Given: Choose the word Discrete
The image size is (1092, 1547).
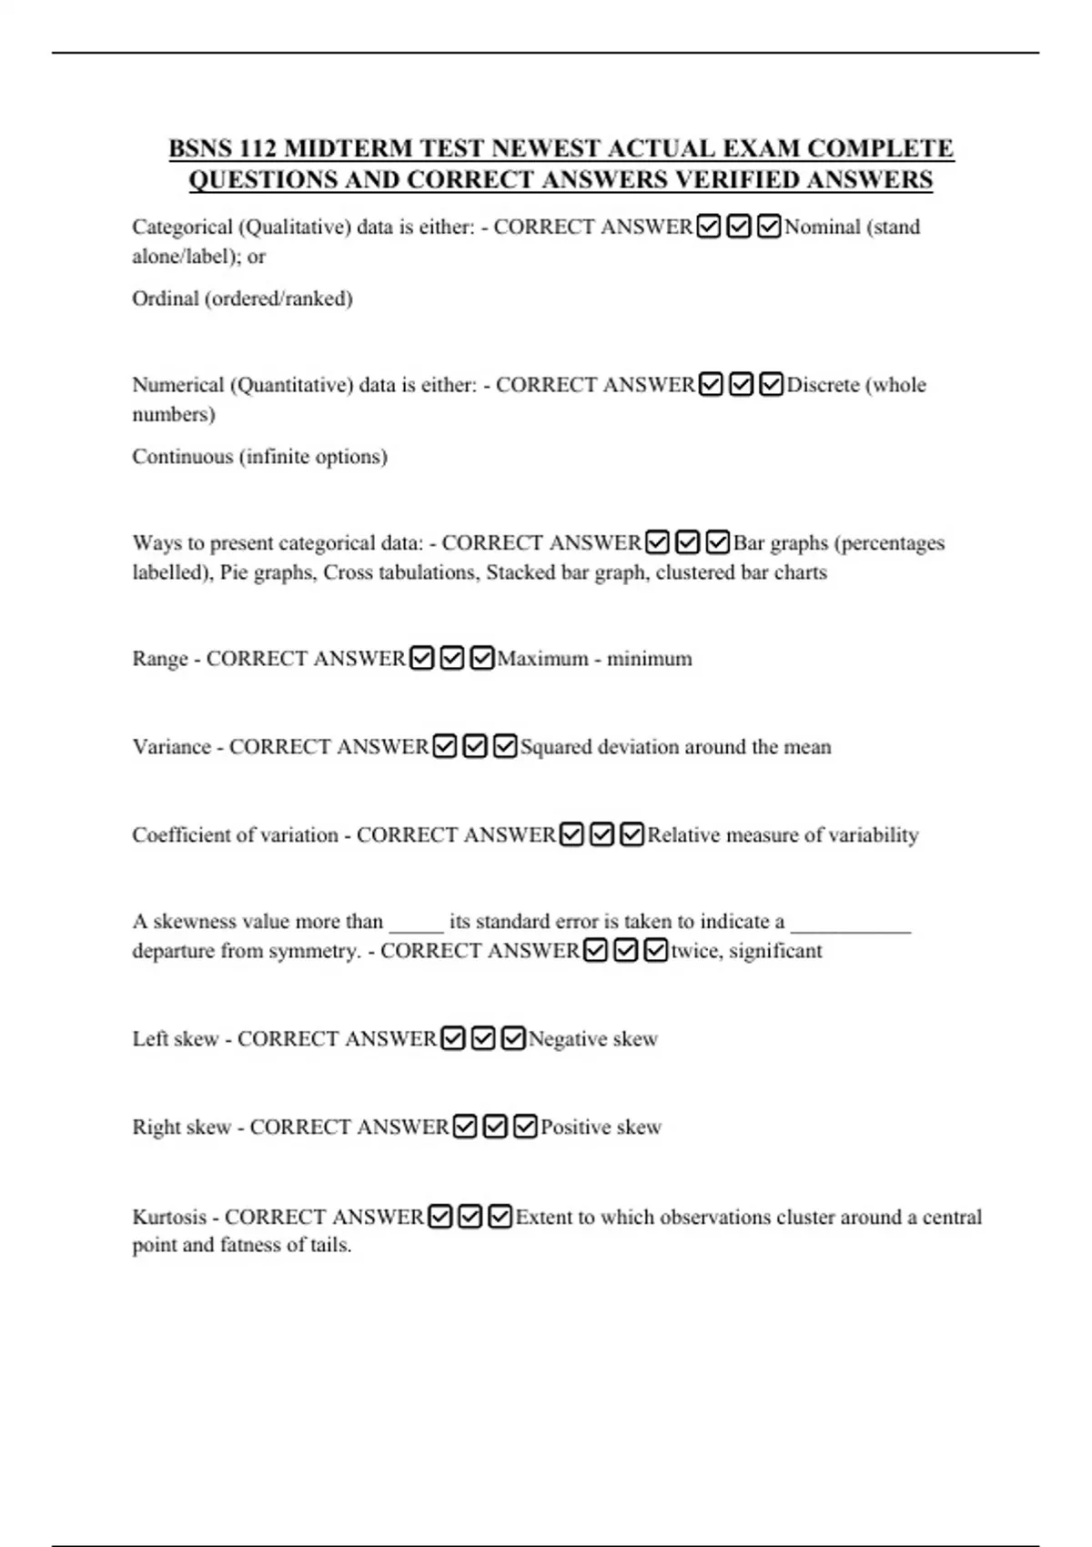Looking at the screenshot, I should click(823, 385).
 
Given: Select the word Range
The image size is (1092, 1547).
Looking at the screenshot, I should click(159, 659).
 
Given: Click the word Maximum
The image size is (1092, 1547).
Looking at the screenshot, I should click(542, 659).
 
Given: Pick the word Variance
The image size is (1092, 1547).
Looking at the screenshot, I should click(171, 747).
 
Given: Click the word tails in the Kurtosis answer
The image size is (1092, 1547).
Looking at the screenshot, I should click(329, 1245).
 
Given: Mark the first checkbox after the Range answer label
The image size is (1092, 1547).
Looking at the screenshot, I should click(421, 658).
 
